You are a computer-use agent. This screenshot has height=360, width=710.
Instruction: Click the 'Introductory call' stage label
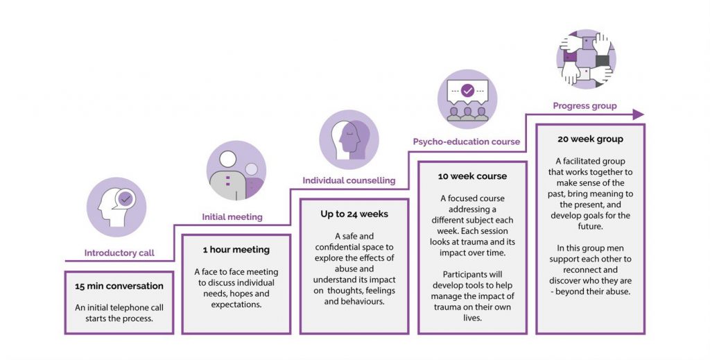(x=119, y=252)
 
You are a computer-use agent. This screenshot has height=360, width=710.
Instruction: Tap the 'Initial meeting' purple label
(x=232, y=217)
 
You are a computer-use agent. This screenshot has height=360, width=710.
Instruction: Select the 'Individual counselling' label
(x=349, y=180)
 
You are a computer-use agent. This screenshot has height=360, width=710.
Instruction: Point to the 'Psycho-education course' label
(x=467, y=142)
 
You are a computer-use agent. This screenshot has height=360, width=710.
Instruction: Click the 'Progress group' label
(x=585, y=106)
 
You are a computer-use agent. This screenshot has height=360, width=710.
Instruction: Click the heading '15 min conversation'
(x=119, y=286)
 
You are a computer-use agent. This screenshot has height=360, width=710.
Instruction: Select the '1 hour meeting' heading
(x=236, y=250)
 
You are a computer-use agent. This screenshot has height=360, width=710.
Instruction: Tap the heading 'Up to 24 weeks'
(x=354, y=214)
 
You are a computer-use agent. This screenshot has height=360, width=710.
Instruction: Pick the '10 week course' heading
(x=472, y=176)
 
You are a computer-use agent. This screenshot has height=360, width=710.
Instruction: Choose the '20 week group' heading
(x=590, y=139)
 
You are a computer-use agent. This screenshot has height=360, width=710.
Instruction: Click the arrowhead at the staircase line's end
(x=639, y=114)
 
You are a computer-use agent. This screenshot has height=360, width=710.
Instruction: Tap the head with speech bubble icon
(x=116, y=207)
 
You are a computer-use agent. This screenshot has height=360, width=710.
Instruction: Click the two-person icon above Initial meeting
(x=236, y=170)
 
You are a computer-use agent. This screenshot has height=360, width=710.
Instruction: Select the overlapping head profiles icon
(x=349, y=140)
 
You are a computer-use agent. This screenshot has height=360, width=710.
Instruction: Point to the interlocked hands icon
(x=586, y=59)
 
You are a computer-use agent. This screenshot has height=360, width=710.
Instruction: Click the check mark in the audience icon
(x=467, y=91)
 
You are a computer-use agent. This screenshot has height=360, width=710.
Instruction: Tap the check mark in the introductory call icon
(x=125, y=198)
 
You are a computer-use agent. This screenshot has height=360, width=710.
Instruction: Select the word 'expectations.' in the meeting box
(x=236, y=305)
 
